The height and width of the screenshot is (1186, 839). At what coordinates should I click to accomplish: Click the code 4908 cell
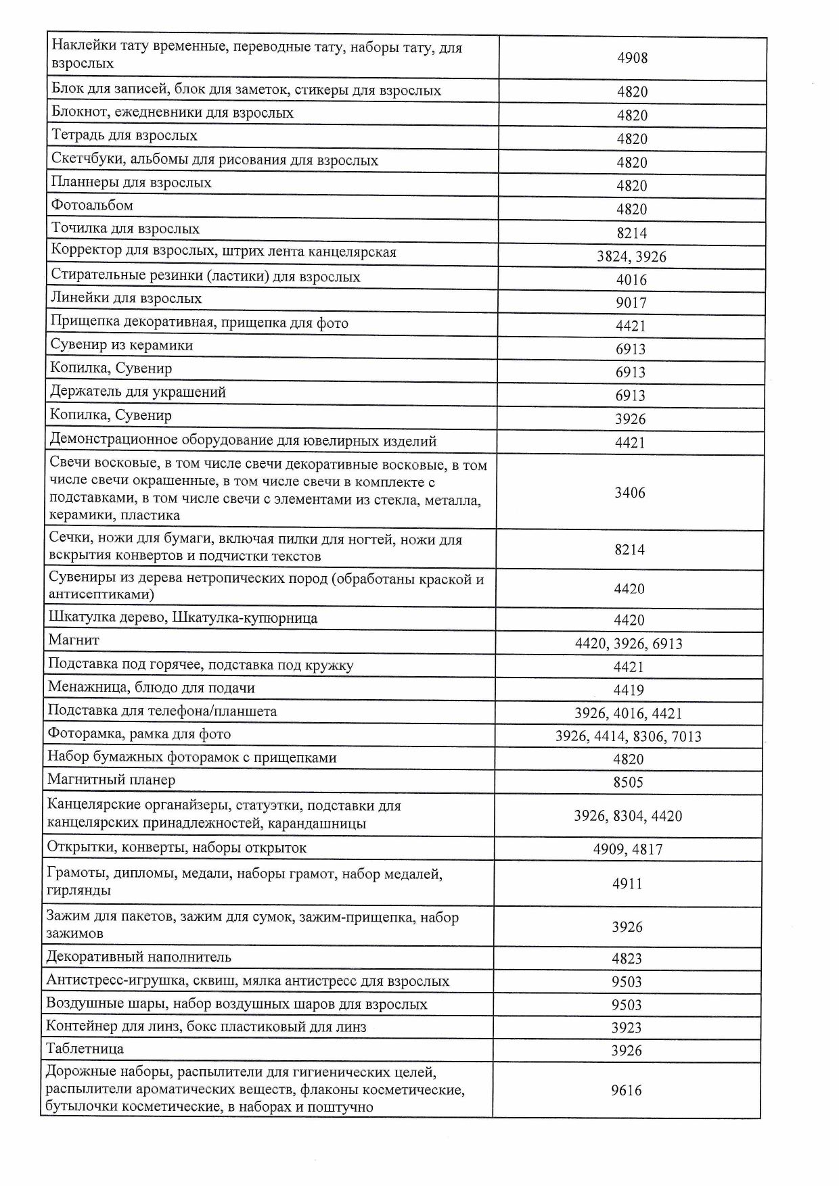[632, 58]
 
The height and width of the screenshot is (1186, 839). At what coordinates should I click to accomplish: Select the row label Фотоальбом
[92, 206]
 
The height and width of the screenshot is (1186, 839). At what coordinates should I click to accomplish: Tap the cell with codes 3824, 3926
[631, 256]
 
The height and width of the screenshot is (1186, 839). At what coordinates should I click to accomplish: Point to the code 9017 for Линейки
[631, 303]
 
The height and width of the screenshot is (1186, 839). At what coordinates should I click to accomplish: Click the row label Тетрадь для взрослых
[124, 136]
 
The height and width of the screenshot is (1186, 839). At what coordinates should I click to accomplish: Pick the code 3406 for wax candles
[629, 493]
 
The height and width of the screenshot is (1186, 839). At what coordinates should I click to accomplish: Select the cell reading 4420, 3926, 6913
[629, 644]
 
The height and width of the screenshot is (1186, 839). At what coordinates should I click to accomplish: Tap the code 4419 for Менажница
[629, 690]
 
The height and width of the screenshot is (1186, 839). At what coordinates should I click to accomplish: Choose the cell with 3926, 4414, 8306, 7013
[628, 736]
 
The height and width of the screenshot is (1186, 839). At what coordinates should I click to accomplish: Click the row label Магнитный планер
[111, 780]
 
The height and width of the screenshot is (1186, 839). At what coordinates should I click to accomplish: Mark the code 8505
[628, 783]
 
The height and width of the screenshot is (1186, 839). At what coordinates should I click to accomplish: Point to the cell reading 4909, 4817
[628, 849]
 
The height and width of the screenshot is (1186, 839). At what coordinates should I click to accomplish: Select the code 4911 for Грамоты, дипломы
[627, 884]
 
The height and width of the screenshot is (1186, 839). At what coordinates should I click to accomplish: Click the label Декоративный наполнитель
[139, 957]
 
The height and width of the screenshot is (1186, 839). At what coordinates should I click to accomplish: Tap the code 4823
[627, 959]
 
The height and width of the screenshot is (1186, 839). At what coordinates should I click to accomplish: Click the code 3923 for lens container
[627, 1028]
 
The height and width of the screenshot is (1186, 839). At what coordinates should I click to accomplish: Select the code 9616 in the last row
[626, 1091]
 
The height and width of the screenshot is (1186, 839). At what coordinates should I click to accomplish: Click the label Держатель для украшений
[138, 392]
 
